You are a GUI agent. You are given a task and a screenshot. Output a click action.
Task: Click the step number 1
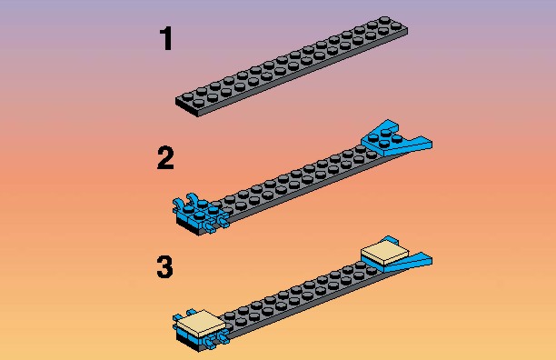point(166,38)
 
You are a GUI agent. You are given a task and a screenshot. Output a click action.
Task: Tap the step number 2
point(165,157)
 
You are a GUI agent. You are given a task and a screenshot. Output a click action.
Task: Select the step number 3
point(164,266)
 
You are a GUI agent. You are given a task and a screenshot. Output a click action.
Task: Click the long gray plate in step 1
point(292,66)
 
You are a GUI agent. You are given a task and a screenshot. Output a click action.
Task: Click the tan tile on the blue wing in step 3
point(384,253)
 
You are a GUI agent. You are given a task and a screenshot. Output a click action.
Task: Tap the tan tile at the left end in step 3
point(201,323)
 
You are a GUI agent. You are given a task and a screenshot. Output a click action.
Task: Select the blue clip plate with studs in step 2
point(199,213)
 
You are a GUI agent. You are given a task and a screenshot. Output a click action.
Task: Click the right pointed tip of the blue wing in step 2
point(431,144)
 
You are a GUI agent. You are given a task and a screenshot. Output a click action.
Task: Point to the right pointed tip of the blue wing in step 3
point(431,261)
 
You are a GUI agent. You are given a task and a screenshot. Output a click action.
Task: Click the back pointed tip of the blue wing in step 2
point(388,121)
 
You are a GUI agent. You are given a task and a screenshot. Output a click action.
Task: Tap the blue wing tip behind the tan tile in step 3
point(390,239)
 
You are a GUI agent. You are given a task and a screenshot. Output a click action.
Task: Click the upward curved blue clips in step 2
point(186,200)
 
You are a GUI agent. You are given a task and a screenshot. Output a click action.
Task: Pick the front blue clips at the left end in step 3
point(215,338)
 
